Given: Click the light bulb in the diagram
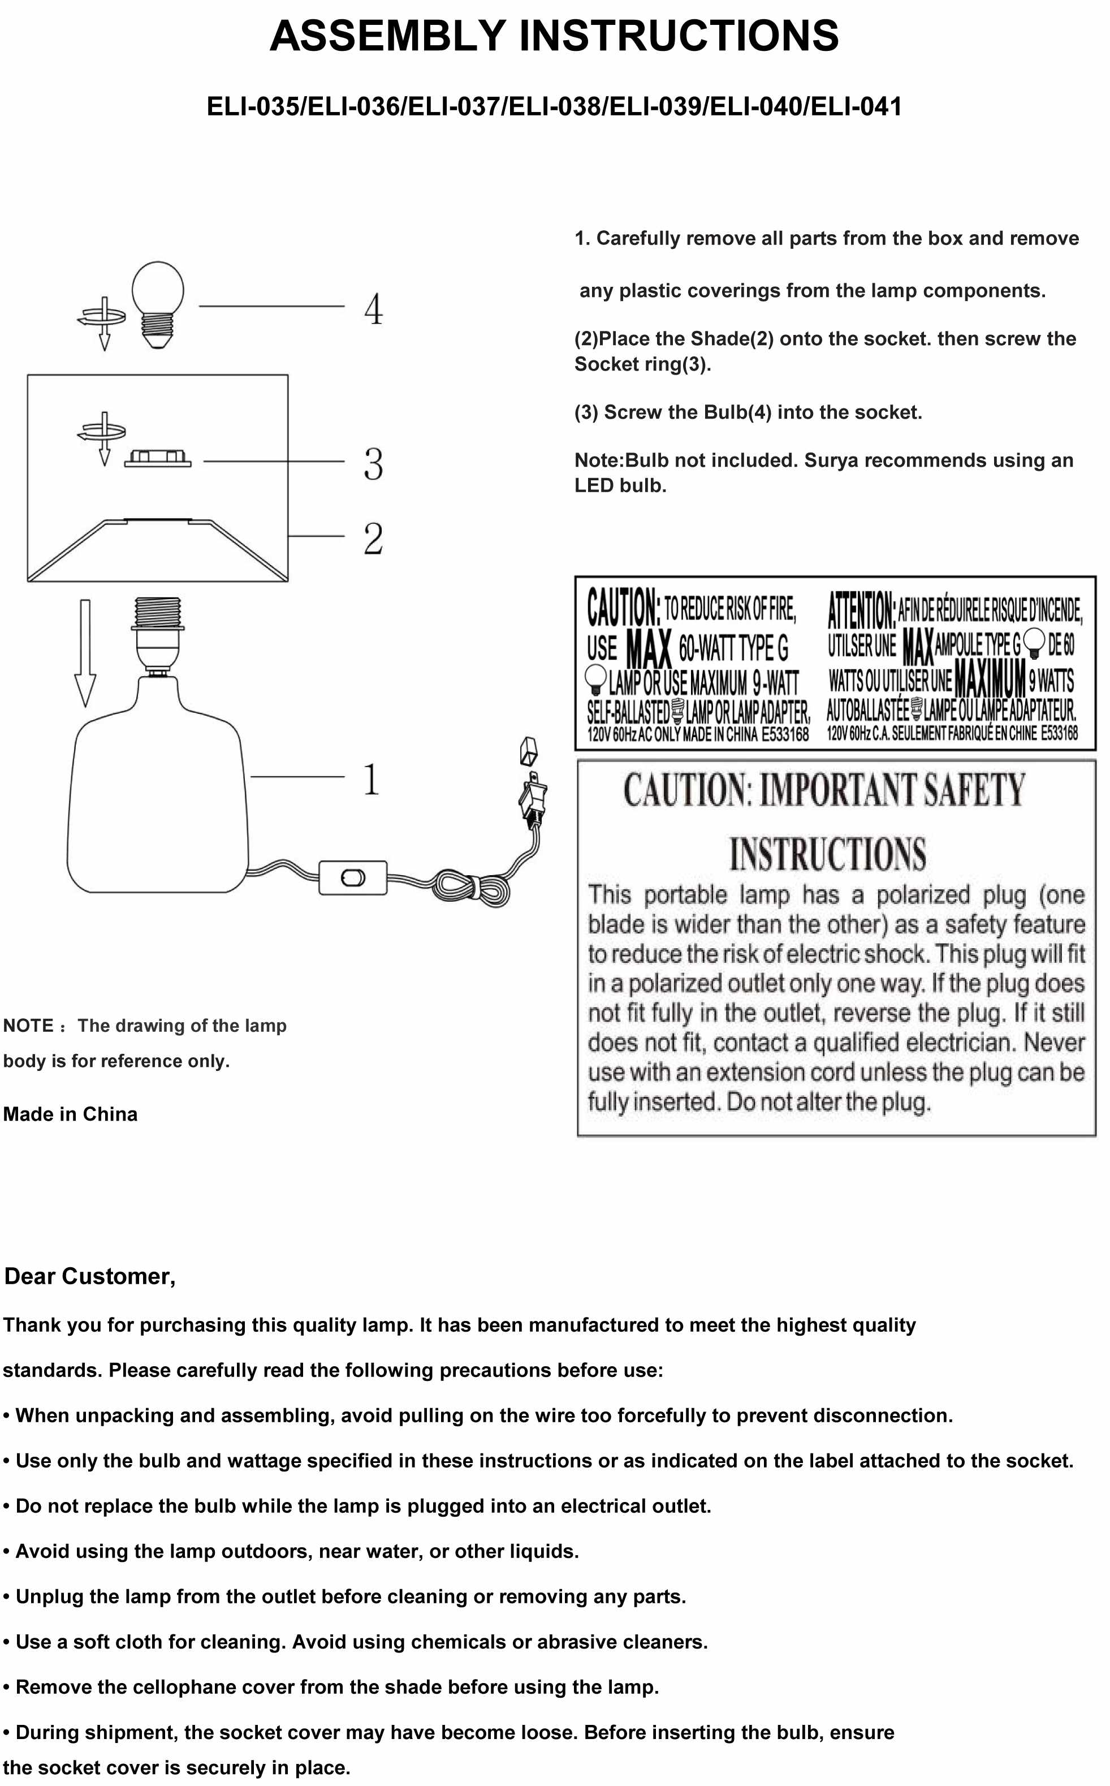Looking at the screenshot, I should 158,303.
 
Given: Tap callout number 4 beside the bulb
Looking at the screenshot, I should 373,309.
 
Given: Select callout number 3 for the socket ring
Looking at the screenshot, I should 373,464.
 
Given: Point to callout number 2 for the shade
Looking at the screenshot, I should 373,539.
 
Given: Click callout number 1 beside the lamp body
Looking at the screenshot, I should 372,779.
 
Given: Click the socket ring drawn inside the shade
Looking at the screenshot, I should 158,459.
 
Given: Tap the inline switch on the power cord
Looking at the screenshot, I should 353,877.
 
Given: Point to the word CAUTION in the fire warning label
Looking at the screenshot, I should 623,608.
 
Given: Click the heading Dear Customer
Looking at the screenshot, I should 89,1276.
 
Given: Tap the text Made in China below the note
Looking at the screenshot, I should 71,1114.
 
